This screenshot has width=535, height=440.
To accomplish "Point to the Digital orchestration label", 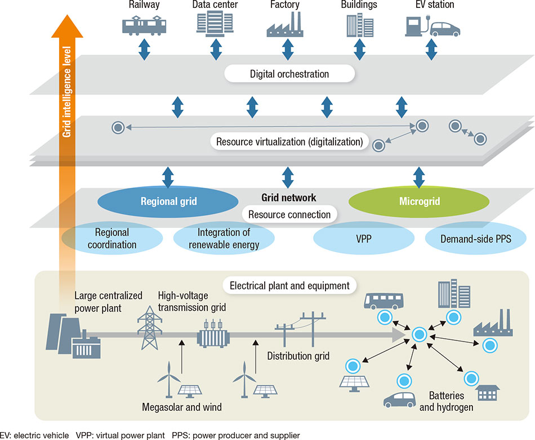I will coord(289,74).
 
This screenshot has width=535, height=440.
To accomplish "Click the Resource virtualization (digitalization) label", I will coord(289,141).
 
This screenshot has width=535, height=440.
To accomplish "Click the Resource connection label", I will coord(289,214).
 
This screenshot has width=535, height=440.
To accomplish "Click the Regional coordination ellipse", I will coord(112,239).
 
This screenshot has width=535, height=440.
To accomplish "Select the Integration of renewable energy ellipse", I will coord(224,239).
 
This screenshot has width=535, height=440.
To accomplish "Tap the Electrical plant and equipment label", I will coord(289,285).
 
